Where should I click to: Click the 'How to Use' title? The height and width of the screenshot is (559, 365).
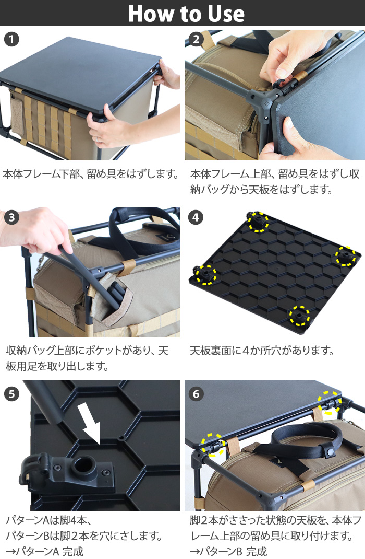186,14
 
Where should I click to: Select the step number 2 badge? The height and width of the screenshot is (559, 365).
196,39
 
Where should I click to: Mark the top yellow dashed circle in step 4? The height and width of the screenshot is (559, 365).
258,222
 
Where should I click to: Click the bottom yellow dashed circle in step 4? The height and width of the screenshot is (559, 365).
299,316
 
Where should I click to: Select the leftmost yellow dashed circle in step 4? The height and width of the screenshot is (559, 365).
205,274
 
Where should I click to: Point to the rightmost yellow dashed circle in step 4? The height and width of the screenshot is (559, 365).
345,256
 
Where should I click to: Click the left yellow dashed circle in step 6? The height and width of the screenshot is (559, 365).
214,444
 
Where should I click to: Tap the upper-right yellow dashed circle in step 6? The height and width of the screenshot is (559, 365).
330,402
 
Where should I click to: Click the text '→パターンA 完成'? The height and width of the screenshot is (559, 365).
44,551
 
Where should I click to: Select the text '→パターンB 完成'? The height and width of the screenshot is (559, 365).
229,551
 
